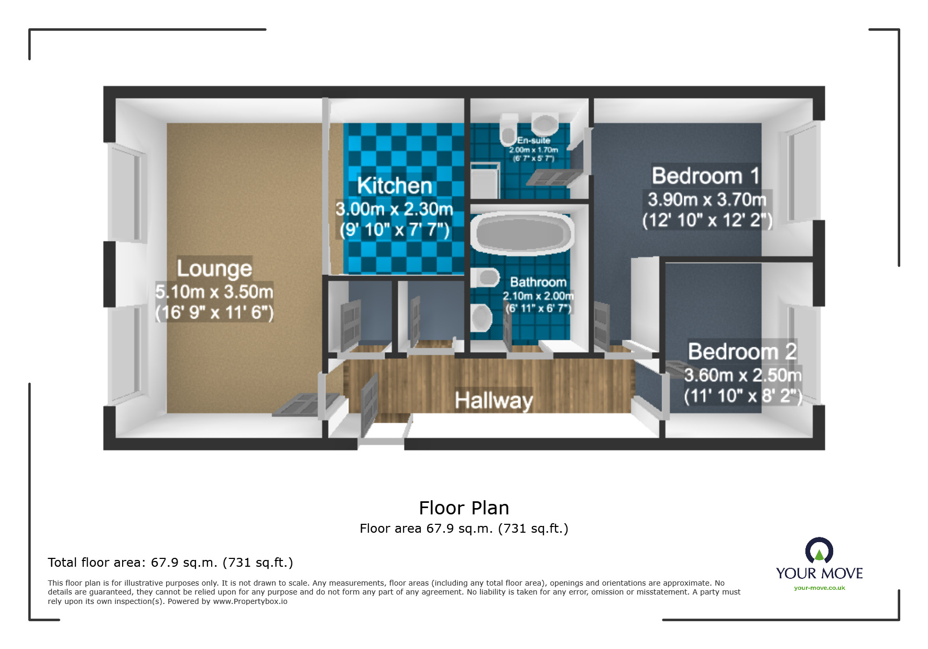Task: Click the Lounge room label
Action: click(x=214, y=268)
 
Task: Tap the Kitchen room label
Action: click(x=395, y=186)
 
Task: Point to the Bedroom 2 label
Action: click(x=742, y=351)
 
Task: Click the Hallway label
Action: click(x=494, y=401)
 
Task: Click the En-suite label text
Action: click(x=533, y=140)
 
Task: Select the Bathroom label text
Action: click(x=538, y=282)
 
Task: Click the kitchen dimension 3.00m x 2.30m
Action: click(x=394, y=209)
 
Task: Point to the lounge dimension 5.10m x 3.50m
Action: click(x=214, y=291)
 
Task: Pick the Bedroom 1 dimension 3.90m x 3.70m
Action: click(x=707, y=200)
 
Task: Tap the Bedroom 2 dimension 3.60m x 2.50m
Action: click(x=743, y=375)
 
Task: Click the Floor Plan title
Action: click(x=464, y=508)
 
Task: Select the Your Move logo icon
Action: click(x=819, y=551)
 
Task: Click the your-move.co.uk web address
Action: click(x=819, y=588)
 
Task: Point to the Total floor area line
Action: click(x=170, y=563)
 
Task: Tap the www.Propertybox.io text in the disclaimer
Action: click(x=250, y=601)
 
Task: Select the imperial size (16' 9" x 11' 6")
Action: click(x=214, y=313)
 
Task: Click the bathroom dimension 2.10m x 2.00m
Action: click(x=538, y=296)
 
